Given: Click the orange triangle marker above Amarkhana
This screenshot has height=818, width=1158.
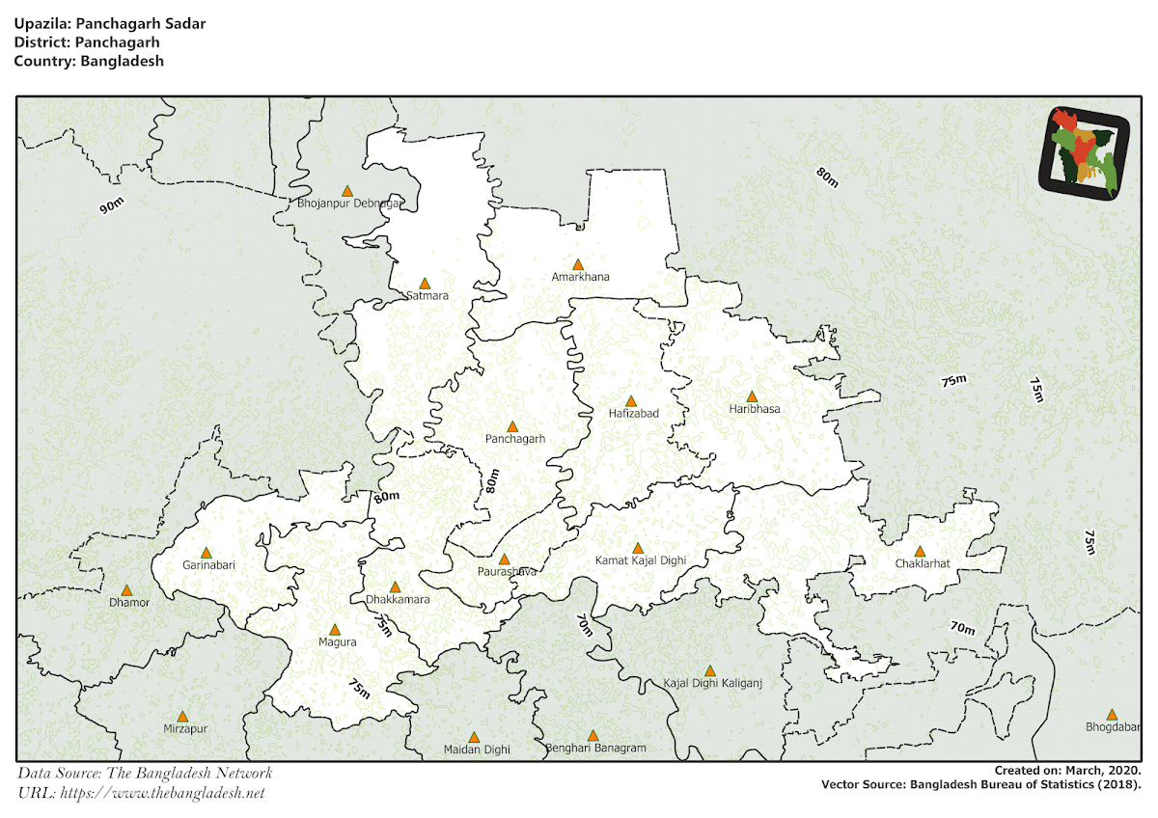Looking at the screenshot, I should click(x=578, y=264).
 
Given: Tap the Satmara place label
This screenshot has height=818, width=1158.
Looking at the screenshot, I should click(x=427, y=295).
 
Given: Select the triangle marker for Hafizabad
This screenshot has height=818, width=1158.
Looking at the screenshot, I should click(x=631, y=401).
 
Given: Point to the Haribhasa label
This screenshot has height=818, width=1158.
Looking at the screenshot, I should click(x=755, y=409).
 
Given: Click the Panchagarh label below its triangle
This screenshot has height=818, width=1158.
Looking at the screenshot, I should click(x=515, y=439).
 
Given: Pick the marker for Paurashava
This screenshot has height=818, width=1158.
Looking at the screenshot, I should click(x=504, y=559).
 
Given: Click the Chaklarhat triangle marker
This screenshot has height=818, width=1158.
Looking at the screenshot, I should click(x=920, y=552).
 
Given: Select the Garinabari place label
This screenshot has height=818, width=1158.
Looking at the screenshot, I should click(x=208, y=565).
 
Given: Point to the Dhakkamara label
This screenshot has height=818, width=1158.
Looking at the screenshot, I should click(x=398, y=600).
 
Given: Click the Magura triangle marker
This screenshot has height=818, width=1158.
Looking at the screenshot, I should click(x=335, y=629).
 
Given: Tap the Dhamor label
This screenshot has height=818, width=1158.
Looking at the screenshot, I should click(x=129, y=603).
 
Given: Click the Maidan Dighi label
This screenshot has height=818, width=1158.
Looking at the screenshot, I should click(x=476, y=750).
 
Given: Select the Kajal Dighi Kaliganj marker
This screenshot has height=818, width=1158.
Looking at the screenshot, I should click(x=710, y=670).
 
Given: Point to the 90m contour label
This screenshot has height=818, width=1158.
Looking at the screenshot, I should click(x=112, y=205).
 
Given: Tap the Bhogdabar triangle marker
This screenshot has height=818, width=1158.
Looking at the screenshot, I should click(x=1111, y=715).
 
